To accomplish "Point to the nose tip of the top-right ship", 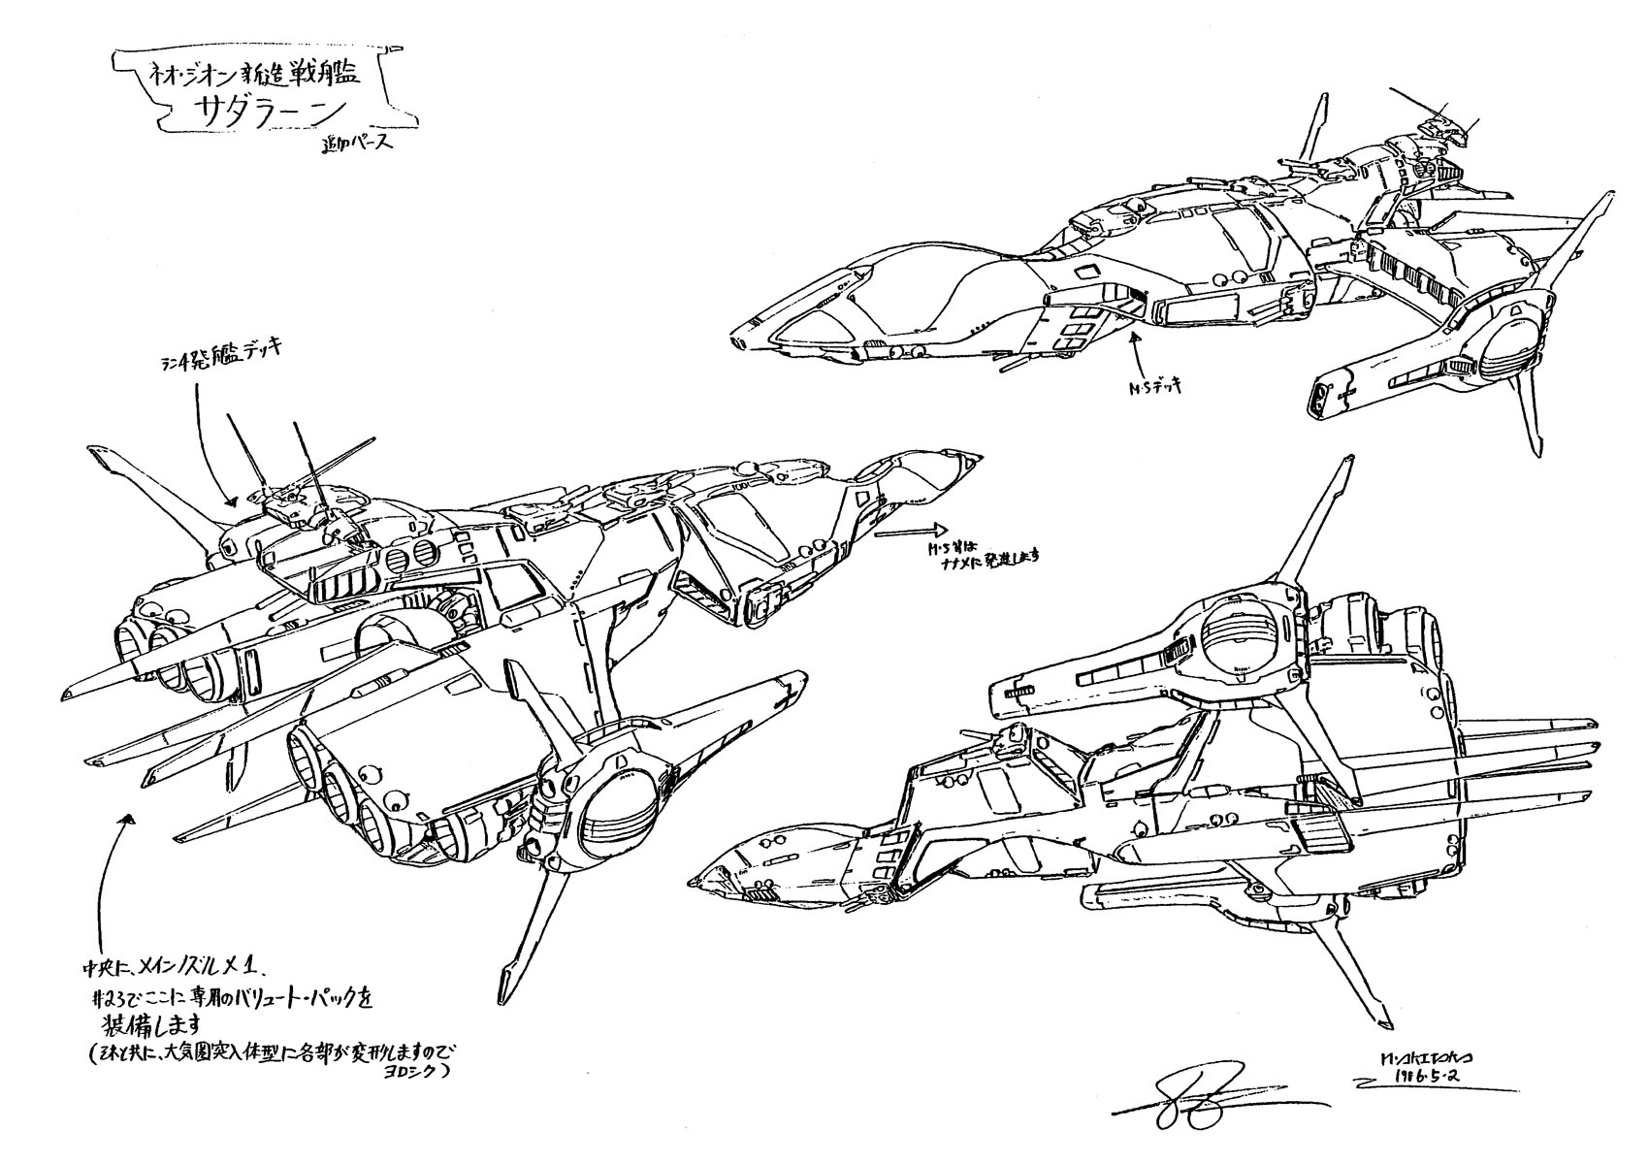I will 737,340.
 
